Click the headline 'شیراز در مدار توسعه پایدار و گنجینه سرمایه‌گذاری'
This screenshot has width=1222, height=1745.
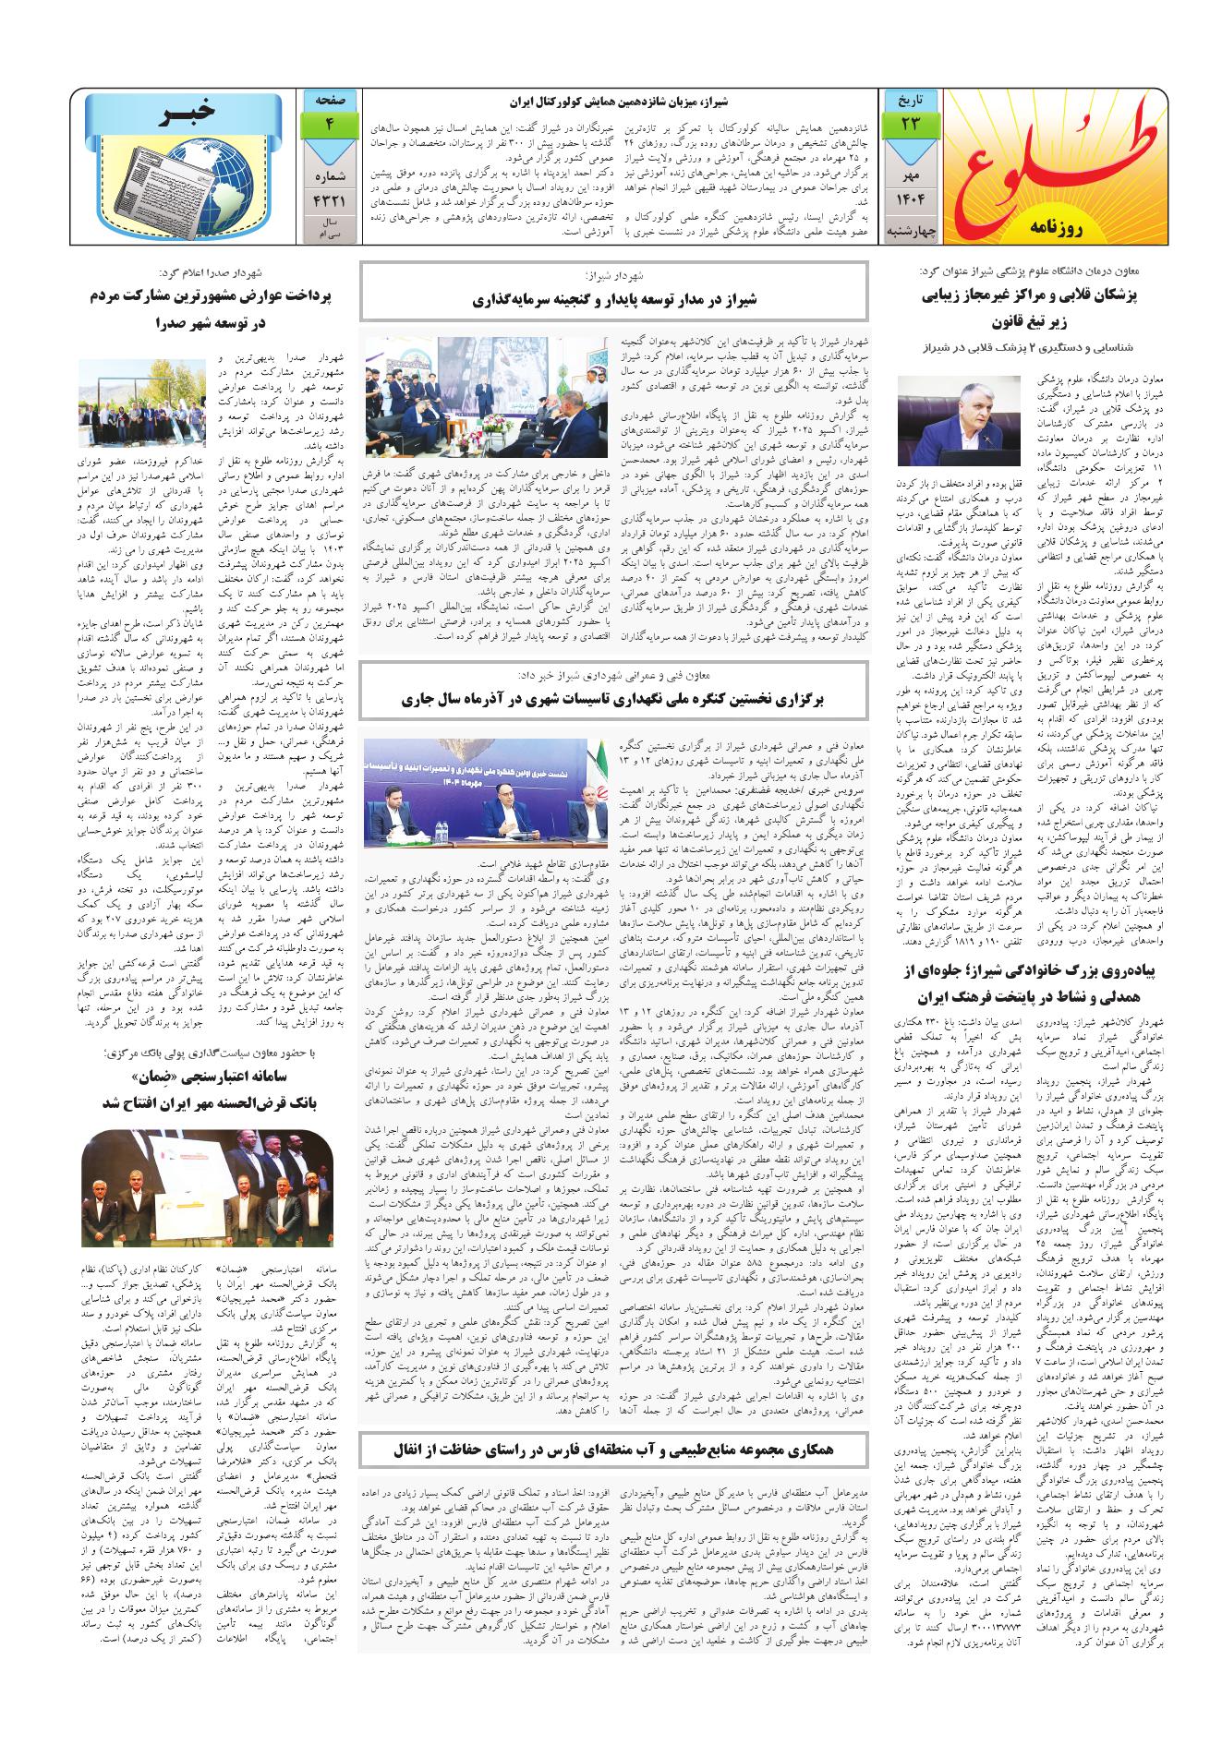(613, 299)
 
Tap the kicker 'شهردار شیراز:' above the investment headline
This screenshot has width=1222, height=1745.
(613, 276)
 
